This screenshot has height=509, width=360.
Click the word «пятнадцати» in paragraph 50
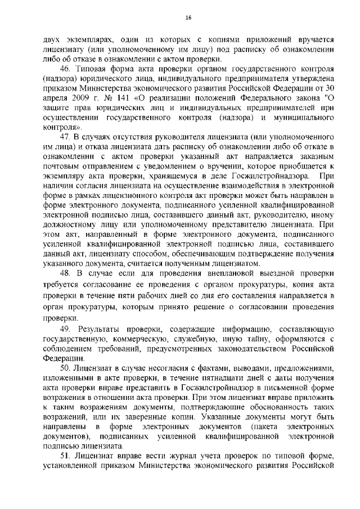pos(197,379)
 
